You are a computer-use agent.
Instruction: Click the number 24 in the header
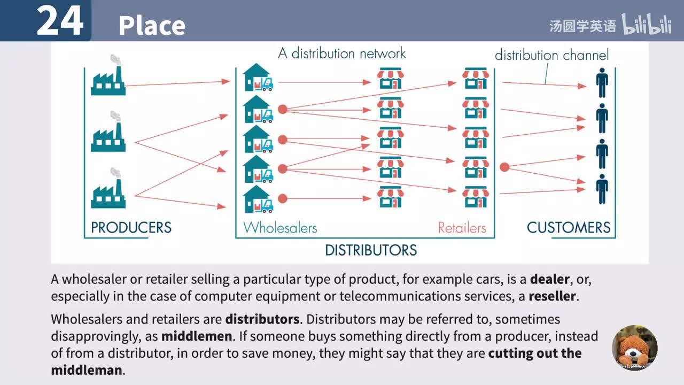60,21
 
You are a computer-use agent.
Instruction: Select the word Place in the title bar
152,25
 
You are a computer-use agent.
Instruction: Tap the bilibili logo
647,25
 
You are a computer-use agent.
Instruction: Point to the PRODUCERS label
131,228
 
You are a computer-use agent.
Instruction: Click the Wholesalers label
280,228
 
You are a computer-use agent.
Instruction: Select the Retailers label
462,228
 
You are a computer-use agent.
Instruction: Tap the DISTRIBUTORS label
371,250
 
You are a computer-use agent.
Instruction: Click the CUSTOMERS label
569,228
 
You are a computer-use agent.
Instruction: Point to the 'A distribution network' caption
342,53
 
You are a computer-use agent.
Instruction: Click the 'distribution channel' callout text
551,55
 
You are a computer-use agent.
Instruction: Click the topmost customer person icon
602,82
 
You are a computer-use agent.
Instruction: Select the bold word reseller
553,296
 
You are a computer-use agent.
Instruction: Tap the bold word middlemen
197,336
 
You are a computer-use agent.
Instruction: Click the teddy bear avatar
634,348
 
